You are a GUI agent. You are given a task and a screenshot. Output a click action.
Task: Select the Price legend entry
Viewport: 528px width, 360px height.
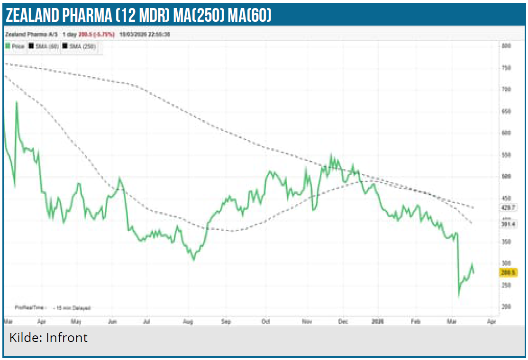[x=16, y=46]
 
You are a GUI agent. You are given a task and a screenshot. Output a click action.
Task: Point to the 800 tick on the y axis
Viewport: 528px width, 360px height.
[x=506, y=46]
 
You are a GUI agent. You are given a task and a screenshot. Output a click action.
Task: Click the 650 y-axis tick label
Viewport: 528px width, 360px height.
[x=506, y=111]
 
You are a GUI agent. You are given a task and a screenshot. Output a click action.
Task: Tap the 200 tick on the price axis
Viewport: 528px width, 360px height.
[x=506, y=307]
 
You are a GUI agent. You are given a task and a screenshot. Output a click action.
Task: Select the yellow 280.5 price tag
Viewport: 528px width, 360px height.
[x=508, y=272]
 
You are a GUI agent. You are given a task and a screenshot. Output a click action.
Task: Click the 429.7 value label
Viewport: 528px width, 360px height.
[x=508, y=207]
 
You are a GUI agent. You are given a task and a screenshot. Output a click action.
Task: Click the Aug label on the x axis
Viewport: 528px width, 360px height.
[x=188, y=321]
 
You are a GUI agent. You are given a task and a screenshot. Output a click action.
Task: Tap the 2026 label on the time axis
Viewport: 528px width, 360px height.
[x=378, y=321]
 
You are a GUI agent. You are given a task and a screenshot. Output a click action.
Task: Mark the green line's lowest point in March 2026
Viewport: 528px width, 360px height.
[x=458, y=297]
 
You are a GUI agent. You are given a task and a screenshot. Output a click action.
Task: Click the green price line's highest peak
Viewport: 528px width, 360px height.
[x=17, y=102]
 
